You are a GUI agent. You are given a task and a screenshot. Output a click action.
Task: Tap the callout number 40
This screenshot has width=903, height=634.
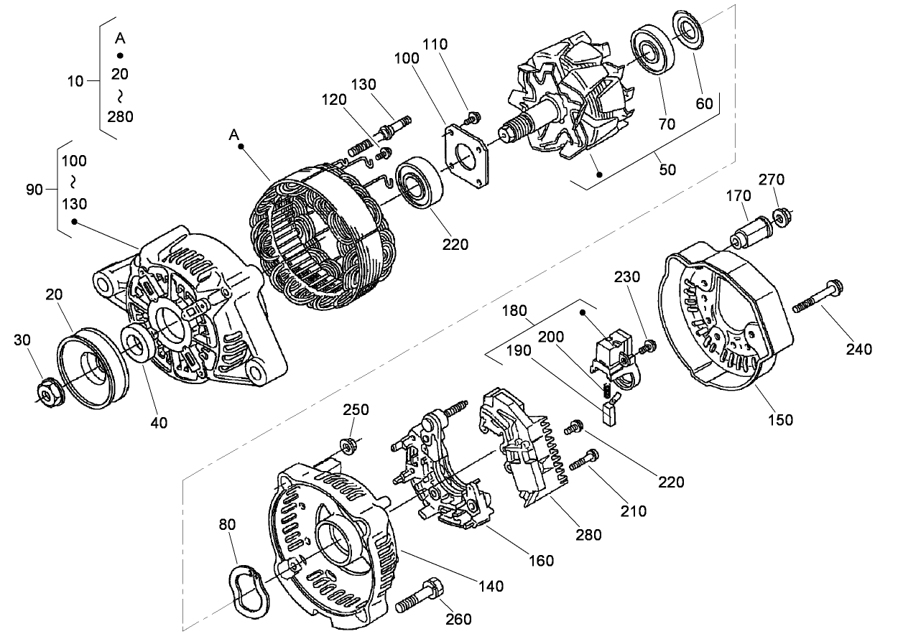click(x=159, y=423)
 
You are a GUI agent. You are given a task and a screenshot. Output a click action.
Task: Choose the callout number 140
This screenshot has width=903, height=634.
click(x=491, y=587)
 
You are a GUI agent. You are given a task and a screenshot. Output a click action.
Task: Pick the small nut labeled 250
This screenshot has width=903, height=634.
click(x=351, y=447)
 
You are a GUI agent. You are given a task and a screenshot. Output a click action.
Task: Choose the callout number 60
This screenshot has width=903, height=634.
click(x=704, y=103)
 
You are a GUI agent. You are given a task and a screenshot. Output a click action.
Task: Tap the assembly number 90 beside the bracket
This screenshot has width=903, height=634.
click(x=34, y=190)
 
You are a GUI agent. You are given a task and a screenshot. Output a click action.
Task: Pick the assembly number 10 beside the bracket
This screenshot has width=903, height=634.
click(x=75, y=81)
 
